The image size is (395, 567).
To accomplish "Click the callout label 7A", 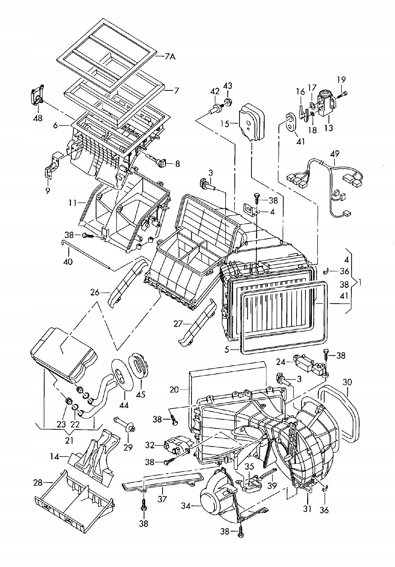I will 170,56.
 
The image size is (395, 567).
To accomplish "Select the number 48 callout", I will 38,118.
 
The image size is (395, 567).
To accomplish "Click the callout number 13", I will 329,128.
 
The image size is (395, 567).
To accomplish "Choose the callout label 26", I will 95,293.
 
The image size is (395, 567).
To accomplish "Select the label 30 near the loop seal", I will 347,383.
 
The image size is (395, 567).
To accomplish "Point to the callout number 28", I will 38,483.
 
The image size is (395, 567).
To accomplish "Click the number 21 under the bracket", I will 69,440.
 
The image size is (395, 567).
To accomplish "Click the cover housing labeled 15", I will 251,122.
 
